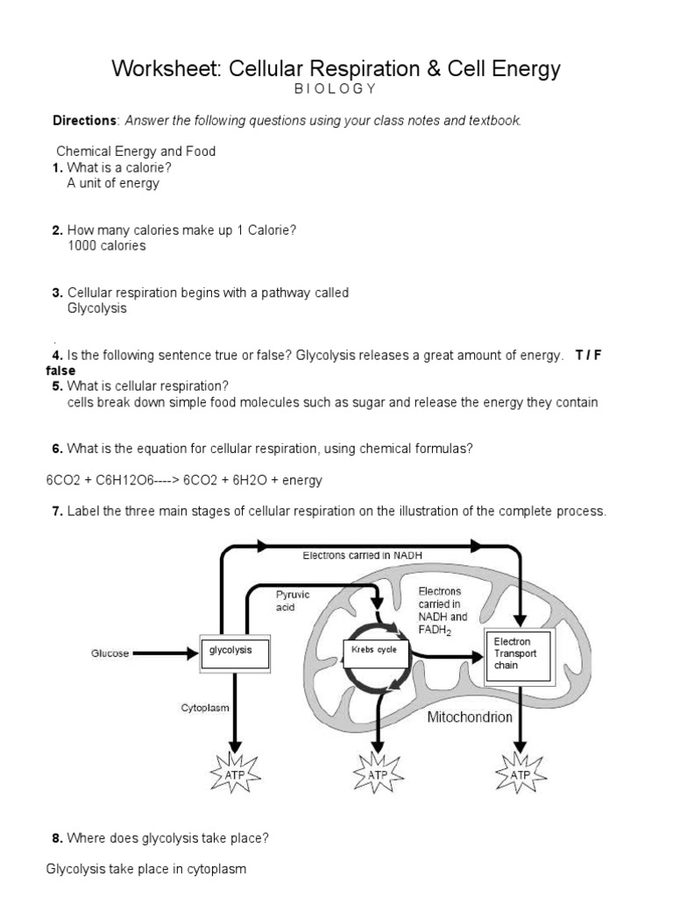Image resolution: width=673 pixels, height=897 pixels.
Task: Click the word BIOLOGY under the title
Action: [336, 88]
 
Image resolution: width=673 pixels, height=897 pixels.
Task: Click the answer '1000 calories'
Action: [106, 246]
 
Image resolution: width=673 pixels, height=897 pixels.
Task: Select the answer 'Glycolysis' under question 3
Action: [97, 308]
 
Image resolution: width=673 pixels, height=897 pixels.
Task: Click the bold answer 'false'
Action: [61, 371]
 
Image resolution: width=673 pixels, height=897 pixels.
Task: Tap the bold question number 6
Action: [57, 448]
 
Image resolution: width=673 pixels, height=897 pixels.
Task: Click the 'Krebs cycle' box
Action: [374, 650]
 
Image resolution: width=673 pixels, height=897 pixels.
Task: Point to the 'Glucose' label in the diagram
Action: [110, 653]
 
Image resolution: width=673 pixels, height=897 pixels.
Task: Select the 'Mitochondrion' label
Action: [469, 717]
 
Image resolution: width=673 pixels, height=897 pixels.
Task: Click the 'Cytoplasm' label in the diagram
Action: [205, 707]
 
